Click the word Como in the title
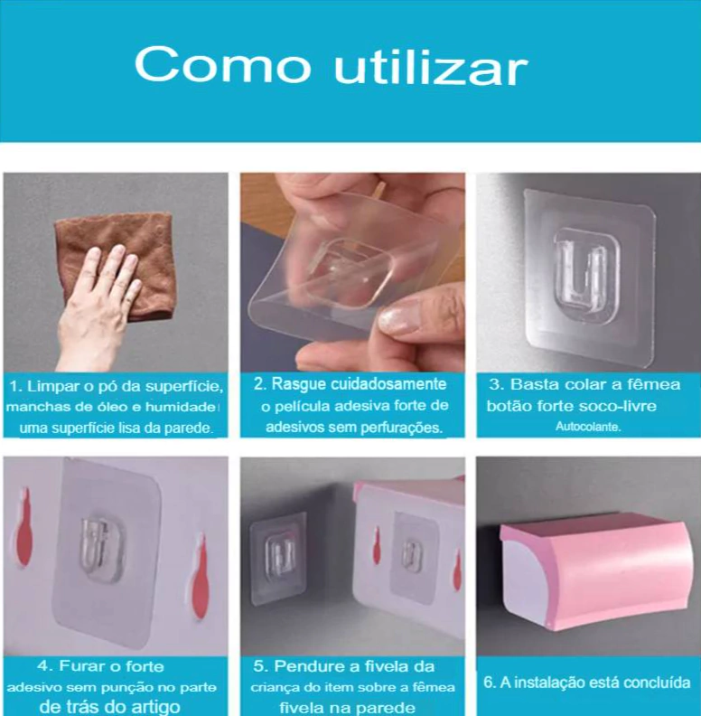(222, 64)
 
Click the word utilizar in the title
(431, 65)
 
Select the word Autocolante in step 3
(588, 427)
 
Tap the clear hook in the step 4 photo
(101, 547)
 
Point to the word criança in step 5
(272, 688)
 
